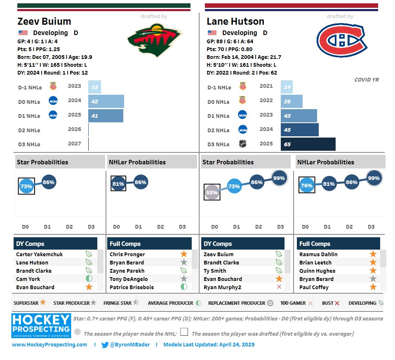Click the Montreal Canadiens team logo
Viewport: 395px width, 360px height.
pos(341,40)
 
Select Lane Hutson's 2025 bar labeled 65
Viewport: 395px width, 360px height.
pos(308,144)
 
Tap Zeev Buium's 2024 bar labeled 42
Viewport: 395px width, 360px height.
pos(106,101)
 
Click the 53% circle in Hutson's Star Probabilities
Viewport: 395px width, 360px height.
pos(212,192)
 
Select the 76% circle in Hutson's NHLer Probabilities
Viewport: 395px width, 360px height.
pos(306,185)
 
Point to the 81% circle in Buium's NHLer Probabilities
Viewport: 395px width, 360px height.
pos(118,184)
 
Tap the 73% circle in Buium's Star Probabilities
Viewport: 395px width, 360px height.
pos(26,186)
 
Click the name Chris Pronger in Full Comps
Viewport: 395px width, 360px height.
pos(127,254)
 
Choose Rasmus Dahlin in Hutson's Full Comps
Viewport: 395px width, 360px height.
pos(318,254)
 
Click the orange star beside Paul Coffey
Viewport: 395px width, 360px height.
pos(373,287)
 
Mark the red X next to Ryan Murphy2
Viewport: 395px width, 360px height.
pos(279,287)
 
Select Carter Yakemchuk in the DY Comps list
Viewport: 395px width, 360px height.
pos(40,254)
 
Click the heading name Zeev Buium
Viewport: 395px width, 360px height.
pos(44,21)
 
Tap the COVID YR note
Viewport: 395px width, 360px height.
pos(366,80)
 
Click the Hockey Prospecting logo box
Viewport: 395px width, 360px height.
pos(41,326)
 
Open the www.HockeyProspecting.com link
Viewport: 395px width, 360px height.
pos(49,345)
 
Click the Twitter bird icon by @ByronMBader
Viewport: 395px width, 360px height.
pos(105,345)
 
